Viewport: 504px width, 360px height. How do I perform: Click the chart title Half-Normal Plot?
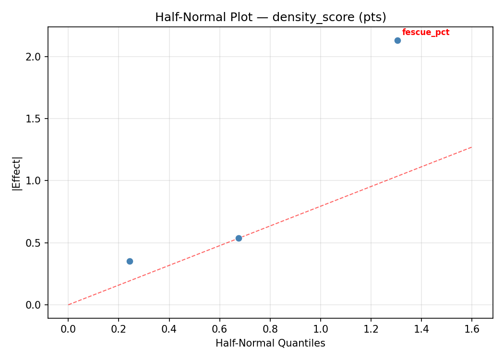point(270,17)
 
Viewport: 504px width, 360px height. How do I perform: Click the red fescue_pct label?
point(425,33)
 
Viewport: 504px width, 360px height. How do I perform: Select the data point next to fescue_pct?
point(397,40)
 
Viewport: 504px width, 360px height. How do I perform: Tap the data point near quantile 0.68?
point(239,238)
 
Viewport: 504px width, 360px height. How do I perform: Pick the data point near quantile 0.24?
point(130,261)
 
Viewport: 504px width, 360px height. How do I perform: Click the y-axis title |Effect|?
point(17,173)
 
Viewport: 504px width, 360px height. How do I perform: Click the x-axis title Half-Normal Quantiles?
point(270,343)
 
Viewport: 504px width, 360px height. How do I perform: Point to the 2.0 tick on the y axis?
point(36,57)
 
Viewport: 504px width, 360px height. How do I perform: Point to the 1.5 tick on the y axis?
point(36,119)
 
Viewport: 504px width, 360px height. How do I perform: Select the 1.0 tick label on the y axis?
point(36,180)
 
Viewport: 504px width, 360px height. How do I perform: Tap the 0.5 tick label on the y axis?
point(36,243)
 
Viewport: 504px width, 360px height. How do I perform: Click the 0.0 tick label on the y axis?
point(36,305)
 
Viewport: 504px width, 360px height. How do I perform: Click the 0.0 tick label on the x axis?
point(68,329)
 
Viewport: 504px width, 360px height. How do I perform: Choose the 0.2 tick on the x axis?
point(119,329)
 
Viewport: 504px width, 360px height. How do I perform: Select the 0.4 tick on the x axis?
point(169,329)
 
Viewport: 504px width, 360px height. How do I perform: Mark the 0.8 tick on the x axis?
point(270,329)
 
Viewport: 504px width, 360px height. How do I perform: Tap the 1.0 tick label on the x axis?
point(320,329)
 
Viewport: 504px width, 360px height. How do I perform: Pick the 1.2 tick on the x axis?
point(371,329)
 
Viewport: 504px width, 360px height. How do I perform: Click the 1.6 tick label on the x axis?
point(471,329)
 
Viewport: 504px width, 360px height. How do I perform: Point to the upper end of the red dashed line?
point(471,147)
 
